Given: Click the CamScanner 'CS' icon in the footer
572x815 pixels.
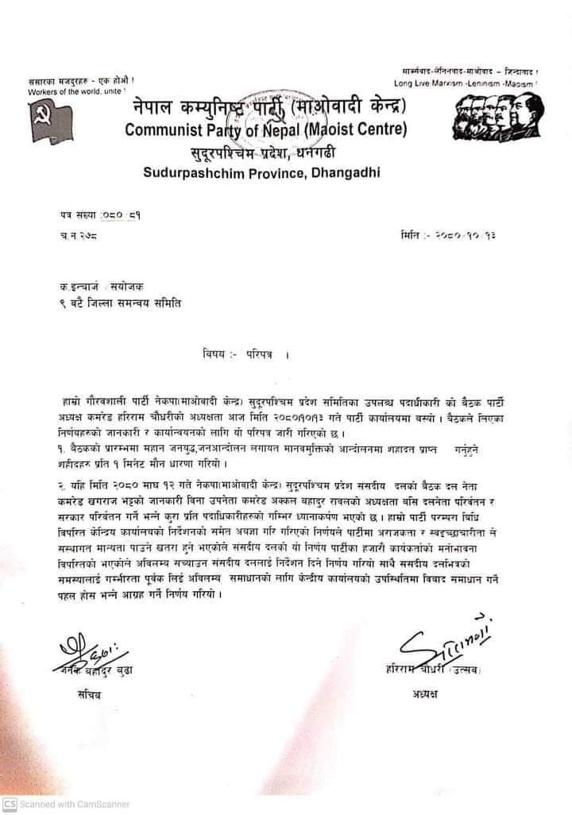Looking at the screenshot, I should coord(10,804).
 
